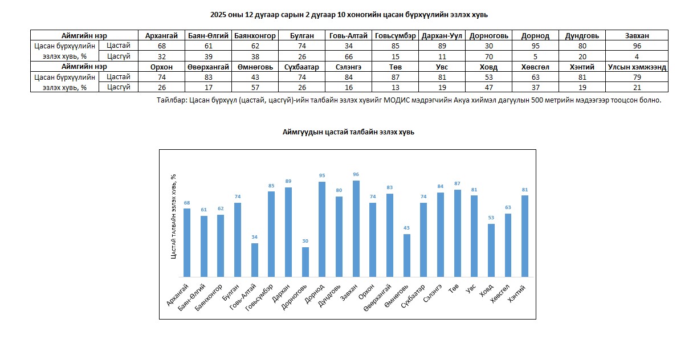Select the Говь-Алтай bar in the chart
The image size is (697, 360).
[255, 260]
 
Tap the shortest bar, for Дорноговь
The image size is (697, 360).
[305, 262]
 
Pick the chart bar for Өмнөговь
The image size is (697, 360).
[407, 255]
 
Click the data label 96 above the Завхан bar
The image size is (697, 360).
[356, 174]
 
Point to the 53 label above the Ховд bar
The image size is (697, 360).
[491, 218]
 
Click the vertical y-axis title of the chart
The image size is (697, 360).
[173, 216]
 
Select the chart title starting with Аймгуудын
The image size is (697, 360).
[348, 132]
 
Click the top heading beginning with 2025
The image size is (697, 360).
[348, 14]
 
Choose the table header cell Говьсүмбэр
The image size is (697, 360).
[396, 35]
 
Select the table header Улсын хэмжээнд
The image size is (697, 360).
[637, 67]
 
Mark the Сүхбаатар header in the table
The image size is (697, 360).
[302, 67]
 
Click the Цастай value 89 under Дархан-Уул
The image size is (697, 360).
[442, 46]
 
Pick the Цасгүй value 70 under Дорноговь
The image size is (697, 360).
[488, 56]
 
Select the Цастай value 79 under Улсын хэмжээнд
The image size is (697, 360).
[637, 77]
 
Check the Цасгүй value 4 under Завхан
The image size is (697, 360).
[637, 56]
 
